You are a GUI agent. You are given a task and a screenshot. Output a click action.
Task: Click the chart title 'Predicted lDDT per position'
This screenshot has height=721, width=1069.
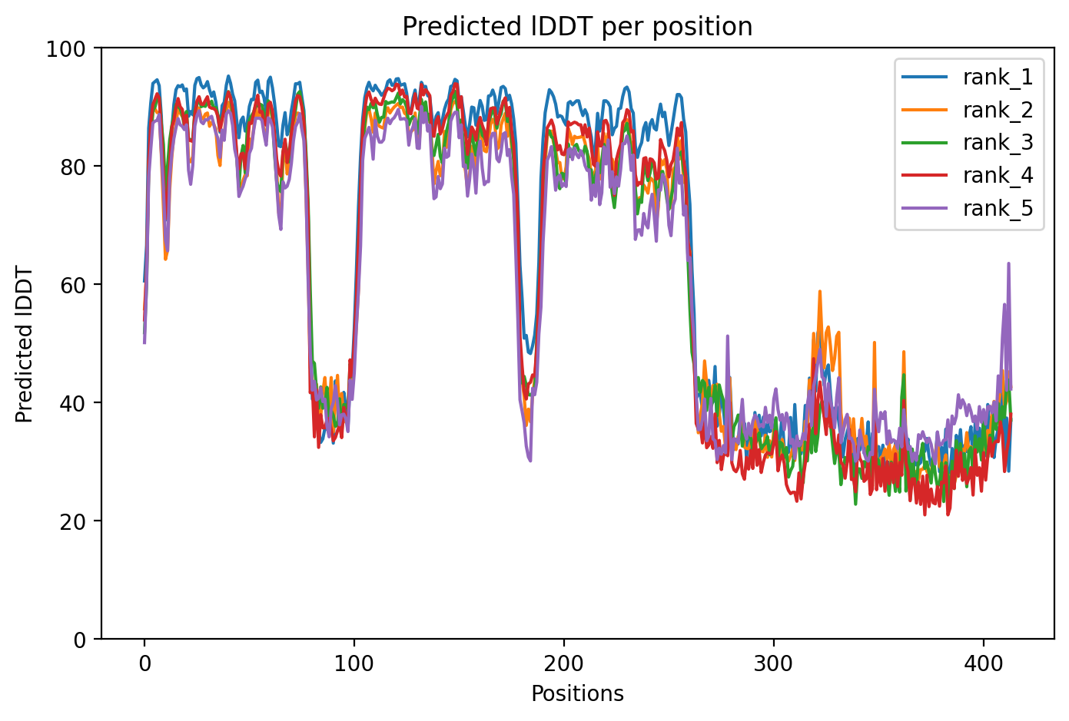coord(577,27)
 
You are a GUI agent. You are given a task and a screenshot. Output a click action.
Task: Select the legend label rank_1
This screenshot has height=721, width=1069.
coord(998,77)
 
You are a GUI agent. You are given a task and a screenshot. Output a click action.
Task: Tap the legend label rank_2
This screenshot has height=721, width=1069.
coord(998,110)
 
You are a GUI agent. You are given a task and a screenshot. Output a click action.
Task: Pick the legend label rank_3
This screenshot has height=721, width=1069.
coord(998,143)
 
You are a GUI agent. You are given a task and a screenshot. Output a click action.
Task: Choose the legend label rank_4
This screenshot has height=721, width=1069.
coord(998,176)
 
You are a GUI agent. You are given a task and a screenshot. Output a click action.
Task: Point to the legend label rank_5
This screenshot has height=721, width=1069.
coord(998,209)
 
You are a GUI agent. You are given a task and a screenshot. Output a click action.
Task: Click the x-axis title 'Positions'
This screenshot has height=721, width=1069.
coord(577,694)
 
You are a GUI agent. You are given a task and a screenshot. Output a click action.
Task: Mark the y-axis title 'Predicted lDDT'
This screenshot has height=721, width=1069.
coord(25,344)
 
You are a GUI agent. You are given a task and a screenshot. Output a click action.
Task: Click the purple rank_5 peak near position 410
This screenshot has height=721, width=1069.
coord(1008,263)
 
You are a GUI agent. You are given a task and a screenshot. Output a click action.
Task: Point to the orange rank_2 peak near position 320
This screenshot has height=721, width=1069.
coord(820,291)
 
